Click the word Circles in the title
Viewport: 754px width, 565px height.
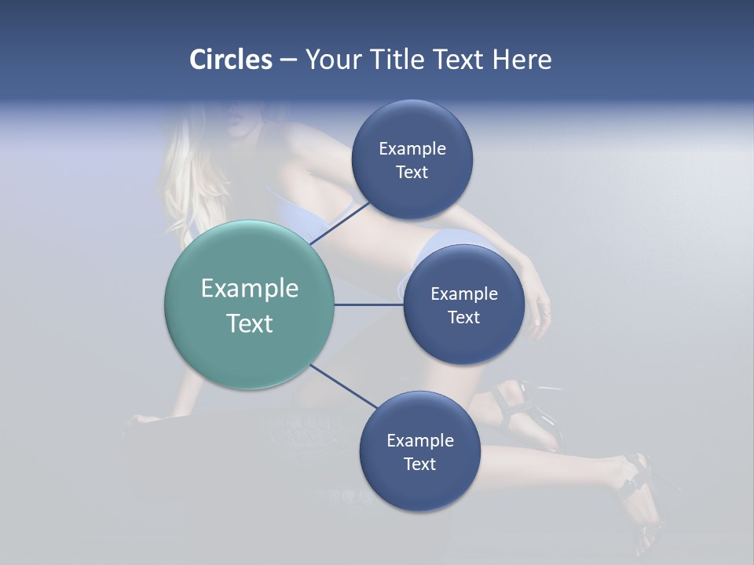point(230,60)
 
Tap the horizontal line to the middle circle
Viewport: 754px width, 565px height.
point(368,304)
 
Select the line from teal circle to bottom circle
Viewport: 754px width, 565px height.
point(344,387)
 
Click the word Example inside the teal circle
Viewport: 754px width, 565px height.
point(250,289)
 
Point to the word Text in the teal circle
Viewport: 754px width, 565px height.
point(250,323)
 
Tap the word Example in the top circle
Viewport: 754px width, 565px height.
point(412,149)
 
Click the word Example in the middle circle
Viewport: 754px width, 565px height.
point(464,294)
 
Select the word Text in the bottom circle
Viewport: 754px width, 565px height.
point(419,464)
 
